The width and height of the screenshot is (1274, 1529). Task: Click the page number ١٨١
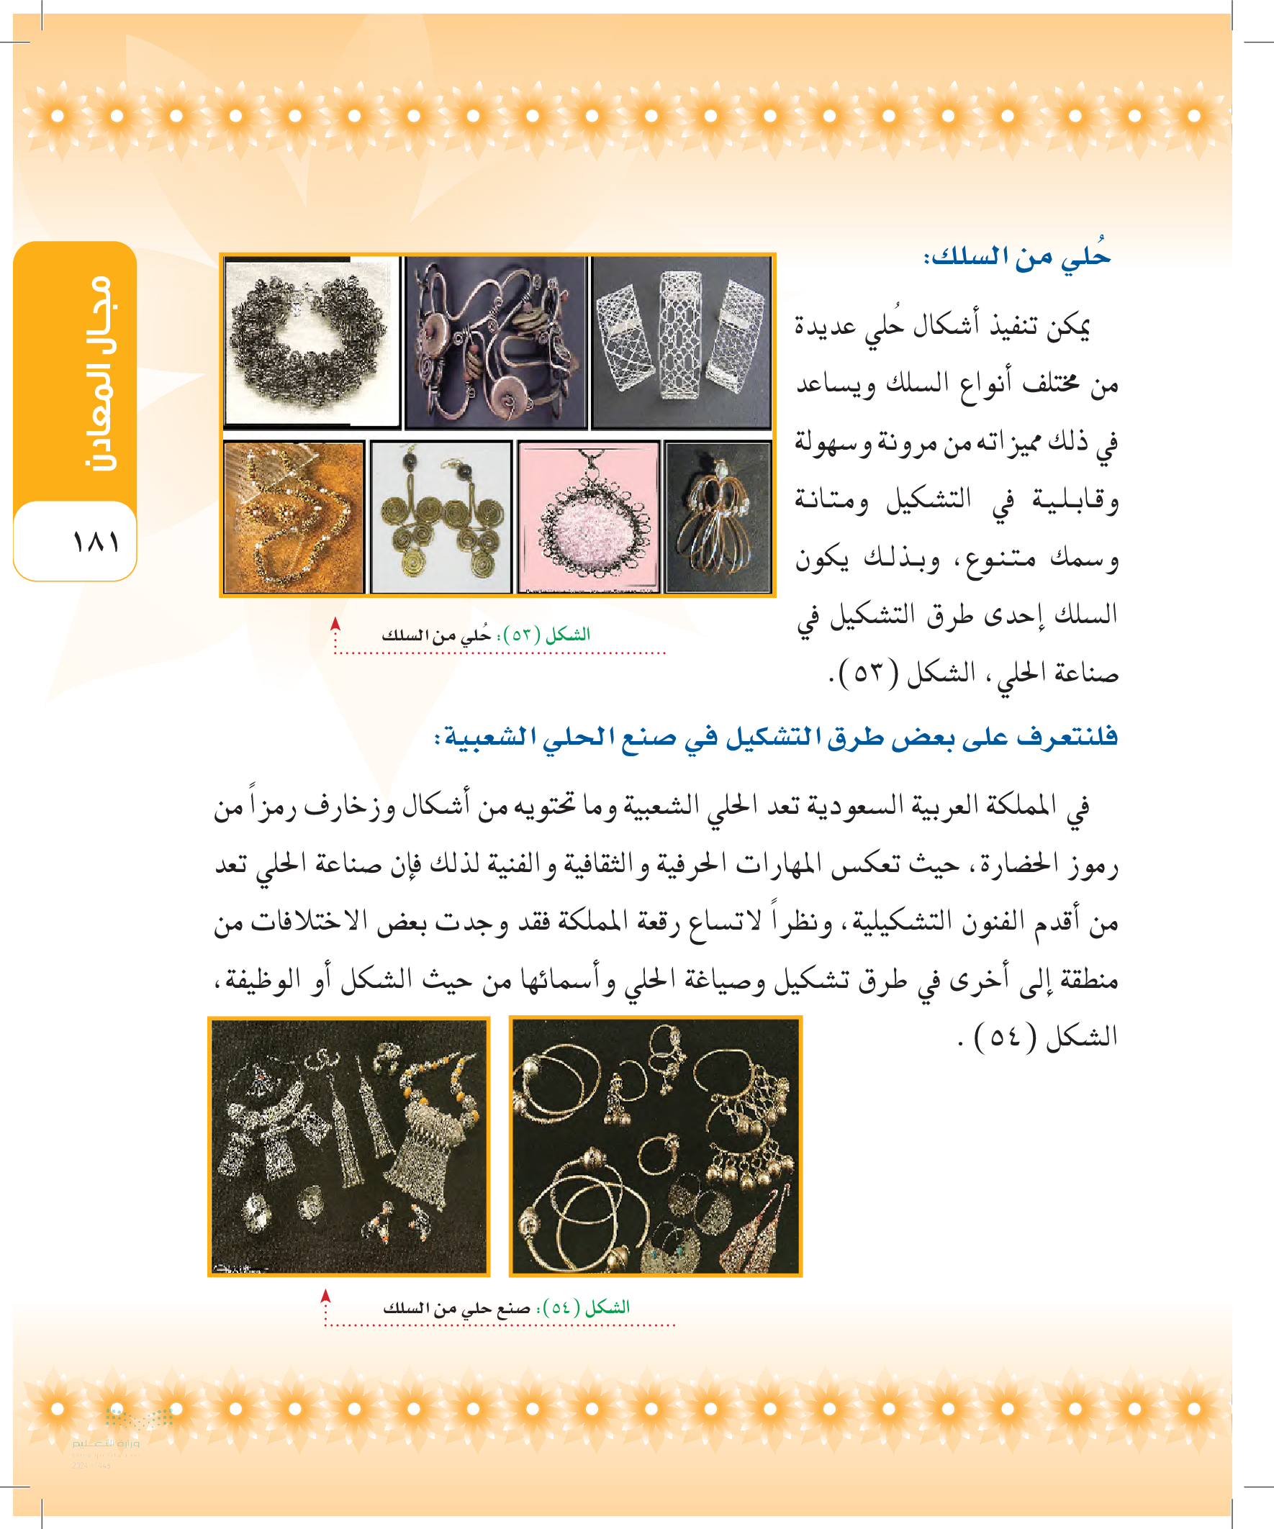pyautogui.click(x=96, y=542)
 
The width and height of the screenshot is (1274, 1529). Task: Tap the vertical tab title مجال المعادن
pyautogui.click(x=98, y=373)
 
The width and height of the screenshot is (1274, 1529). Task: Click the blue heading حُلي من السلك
pyautogui.click(x=1017, y=257)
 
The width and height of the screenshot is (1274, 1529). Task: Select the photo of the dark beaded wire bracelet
pyautogui.click(x=311, y=342)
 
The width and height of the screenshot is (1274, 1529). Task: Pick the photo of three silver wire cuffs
pyautogui.click(x=681, y=342)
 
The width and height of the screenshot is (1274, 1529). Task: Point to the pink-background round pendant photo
pyautogui.click(x=589, y=517)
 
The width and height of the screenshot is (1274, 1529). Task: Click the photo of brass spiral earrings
pyautogui.click(x=441, y=517)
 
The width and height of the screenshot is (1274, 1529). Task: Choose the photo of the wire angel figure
pyautogui.click(x=718, y=517)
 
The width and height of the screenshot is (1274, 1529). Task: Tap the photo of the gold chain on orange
pyautogui.click(x=294, y=517)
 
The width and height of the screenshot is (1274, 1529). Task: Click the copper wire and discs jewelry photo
pyautogui.click(x=495, y=342)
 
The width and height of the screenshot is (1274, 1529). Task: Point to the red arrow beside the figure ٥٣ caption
pyautogui.click(x=335, y=625)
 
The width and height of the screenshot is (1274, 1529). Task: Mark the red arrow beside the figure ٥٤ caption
pyautogui.click(x=325, y=1296)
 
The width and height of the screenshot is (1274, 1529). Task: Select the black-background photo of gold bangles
pyautogui.click(x=655, y=1147)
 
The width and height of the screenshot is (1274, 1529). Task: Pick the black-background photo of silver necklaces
pyautogui.click(x=349, y=1147)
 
